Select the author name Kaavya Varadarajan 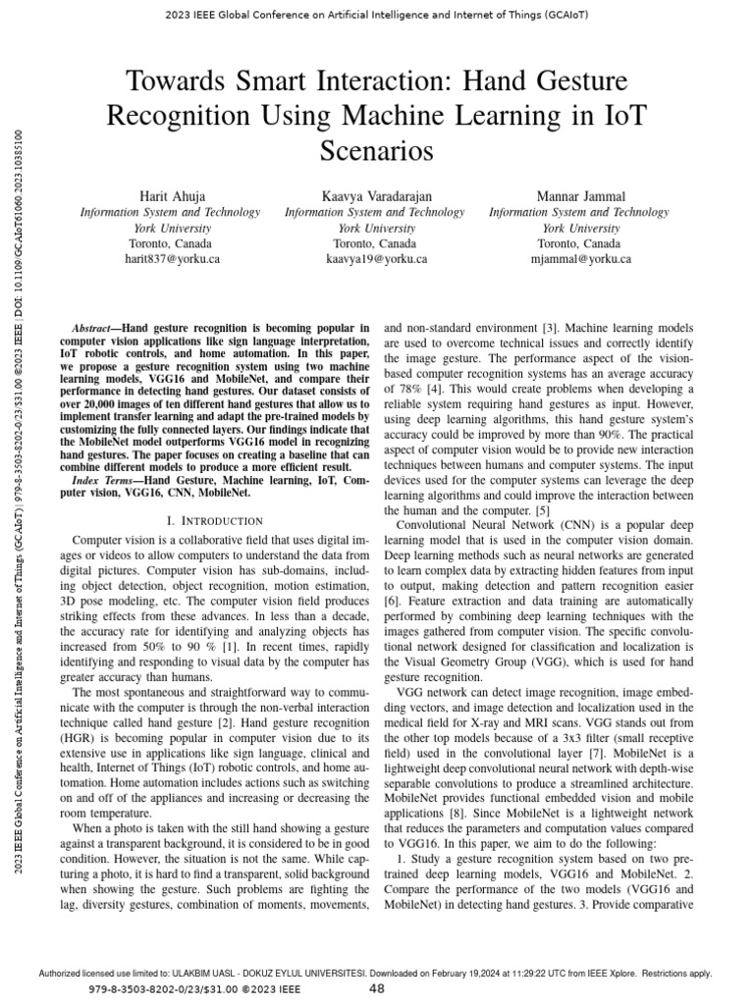(x=378, y=196)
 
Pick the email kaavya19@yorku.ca (x=378, y=259)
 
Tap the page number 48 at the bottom (x=376, y=989)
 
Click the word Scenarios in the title (x=378, y=151)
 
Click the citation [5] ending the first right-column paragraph (x=541, y=510)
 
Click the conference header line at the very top (x=377, y=16)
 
